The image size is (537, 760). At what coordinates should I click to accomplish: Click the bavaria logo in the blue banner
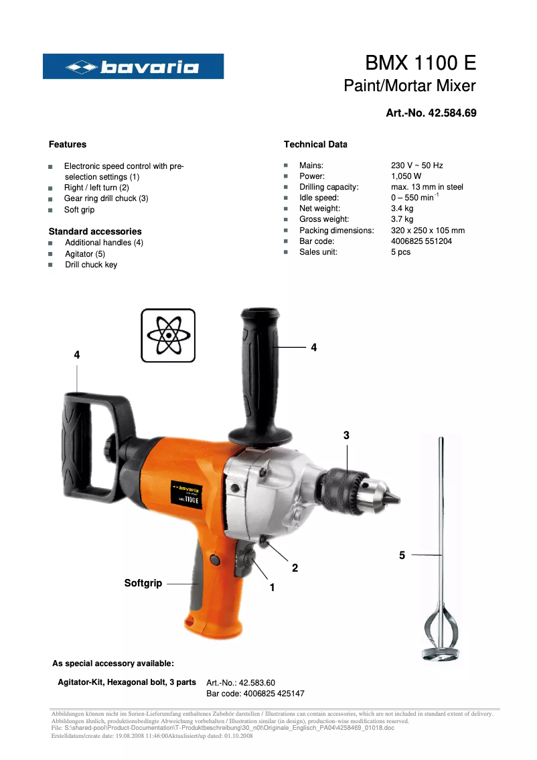coord(133,66)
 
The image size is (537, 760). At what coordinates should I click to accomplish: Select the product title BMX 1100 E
coord(420,63)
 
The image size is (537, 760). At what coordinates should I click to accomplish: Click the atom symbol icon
coord(168,335)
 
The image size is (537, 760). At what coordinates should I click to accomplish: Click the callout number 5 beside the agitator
coord(402,555)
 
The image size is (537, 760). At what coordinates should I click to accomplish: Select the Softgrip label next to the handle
coord(143,583)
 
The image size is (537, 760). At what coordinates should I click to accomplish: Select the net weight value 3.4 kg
coord(402,208)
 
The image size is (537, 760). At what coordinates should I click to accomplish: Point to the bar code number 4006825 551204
coord(421,241)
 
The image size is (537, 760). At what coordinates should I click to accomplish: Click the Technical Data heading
coord(315,144)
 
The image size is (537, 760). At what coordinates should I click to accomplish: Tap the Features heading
coord(68,144)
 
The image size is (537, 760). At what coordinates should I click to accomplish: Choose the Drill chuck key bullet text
coord(91,265)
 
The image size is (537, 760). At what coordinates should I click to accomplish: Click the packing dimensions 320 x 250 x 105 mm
coord(427,231)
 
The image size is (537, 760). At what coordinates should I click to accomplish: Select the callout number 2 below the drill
coord(295,568)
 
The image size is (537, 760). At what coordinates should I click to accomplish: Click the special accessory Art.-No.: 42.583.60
coord(241,683)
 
